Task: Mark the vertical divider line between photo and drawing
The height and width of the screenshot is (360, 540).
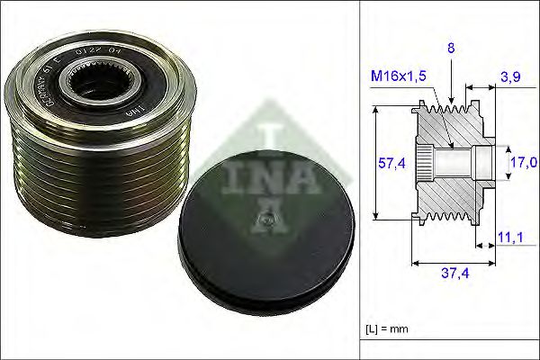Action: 361,180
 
